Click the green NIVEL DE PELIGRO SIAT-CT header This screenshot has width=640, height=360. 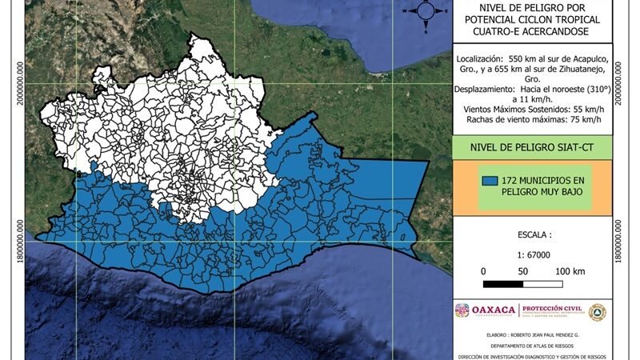coord(532,146)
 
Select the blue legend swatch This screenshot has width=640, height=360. coord(490,181)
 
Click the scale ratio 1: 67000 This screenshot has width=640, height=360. coord(531,254)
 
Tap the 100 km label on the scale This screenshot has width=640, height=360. coord(569,271)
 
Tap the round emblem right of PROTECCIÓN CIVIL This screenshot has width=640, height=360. coord(597,311)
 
